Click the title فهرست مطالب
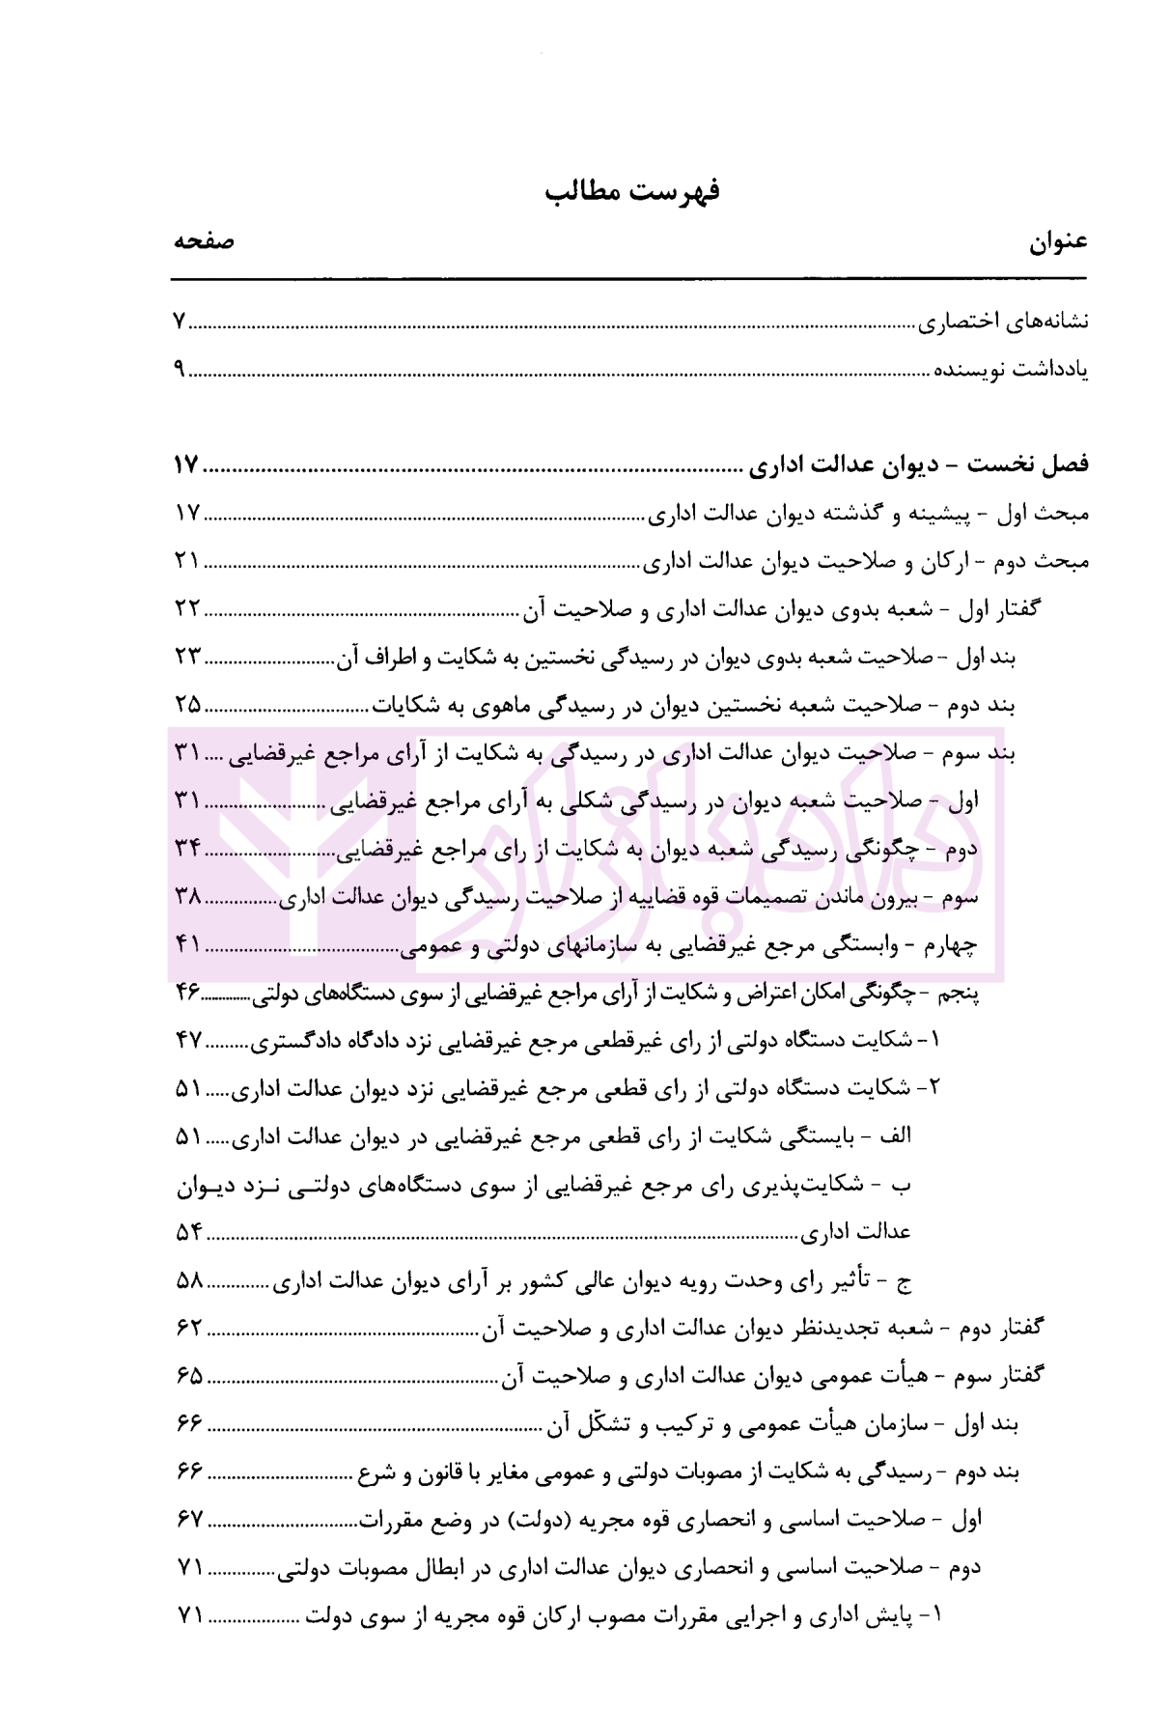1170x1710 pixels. coord(632,191)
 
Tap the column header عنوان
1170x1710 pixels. coord(1058,242)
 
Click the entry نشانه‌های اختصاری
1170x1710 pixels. coord(1002,322)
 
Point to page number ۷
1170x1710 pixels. coord(180,322)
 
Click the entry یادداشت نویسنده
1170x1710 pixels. coord(1011,370)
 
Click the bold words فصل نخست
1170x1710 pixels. coord(1028,464)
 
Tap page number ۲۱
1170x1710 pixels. coord(186,560)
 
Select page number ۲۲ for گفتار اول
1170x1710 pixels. coord(186,608)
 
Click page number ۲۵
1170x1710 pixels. coord(187,704)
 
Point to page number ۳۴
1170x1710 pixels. coord(187,849)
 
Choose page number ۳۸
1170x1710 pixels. coord(187,897)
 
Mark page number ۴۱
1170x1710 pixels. coord(187,944)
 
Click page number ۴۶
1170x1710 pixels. coord(187,992)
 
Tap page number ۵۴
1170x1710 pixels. coord(189,1232)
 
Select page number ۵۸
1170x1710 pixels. coord(189,1281)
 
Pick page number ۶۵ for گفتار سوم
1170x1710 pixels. coord(190,1376)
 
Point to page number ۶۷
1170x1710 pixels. coord(190,1520)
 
